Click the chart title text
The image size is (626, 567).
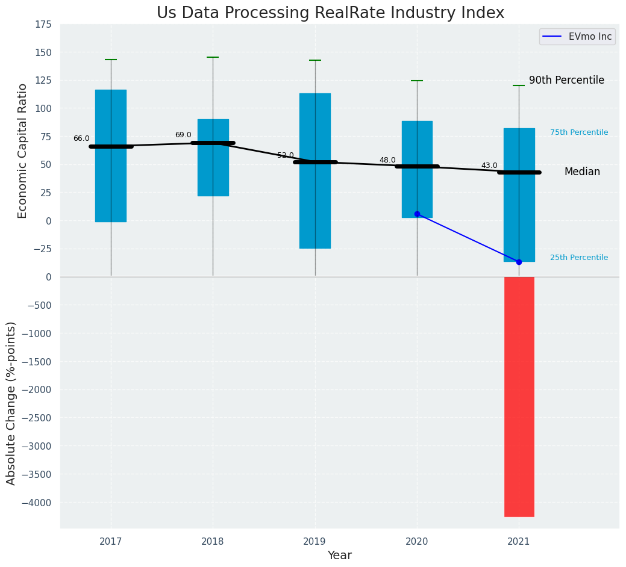click(x=330, y=13)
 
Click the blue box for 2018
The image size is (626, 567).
click(x=213, y=157)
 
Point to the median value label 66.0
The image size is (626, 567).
click(x=81, y=139)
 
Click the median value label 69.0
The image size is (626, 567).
click(x=183, y=135)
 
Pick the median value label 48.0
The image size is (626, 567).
click(x=387, y=161)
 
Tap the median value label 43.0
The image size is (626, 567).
click(x=489, y=166)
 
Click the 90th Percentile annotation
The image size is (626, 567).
click(x=566, y=81)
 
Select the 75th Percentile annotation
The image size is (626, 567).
click(x=579, y=132)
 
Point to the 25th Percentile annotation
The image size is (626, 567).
click(x=579, y=258)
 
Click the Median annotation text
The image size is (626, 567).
click(x=582, y=172)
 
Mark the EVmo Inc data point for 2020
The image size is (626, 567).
click(x=417, y=214)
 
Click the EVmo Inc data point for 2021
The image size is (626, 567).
click(x=519, y=262)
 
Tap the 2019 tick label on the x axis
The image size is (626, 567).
click(x=315, y=542)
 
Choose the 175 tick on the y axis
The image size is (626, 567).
click(x=42, y=25)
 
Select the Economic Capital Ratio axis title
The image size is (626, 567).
click(x=23, y=150)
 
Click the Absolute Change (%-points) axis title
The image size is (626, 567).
click(x=11, y=403)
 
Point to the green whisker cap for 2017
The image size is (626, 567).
click(x=111, y=60)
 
